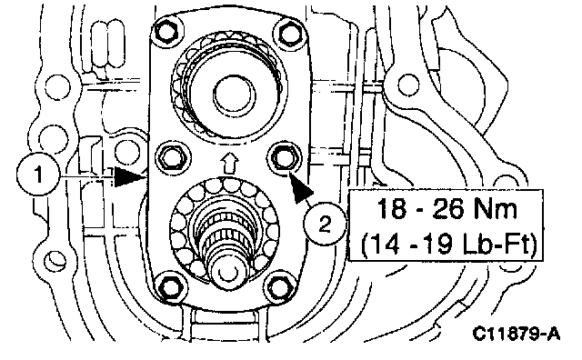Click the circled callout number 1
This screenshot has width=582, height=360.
coord(38,175)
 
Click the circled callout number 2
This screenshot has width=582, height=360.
coord(326,224)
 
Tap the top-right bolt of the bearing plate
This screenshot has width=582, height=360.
coord(290,33)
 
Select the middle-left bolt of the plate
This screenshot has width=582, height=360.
coord(172,157)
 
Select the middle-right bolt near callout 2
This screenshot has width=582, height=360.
coord(283,157)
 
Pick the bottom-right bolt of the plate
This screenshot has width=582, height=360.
coord(279,286)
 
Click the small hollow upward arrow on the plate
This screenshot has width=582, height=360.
coord(229,164)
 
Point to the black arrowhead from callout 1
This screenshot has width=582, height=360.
coord(128,176)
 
